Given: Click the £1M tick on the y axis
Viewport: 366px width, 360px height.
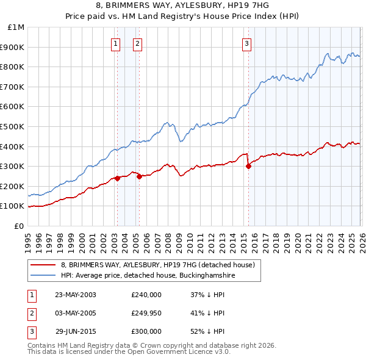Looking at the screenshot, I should coord(16,27).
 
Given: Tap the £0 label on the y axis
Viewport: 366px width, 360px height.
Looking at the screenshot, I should coord(19,226).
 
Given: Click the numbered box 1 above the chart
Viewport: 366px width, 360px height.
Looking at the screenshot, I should coord(116,43).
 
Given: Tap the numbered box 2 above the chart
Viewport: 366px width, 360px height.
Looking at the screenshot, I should coord(137,43).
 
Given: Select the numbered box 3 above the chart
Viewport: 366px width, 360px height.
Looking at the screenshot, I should coord(246,43).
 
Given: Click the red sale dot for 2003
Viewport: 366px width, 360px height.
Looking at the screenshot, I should coord(118,178).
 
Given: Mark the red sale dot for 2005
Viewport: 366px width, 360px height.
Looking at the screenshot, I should coord(139,176).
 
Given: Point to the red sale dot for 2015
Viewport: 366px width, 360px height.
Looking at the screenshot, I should coord(248,166).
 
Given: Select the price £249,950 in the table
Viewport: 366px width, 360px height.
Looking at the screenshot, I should coord(146,313).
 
